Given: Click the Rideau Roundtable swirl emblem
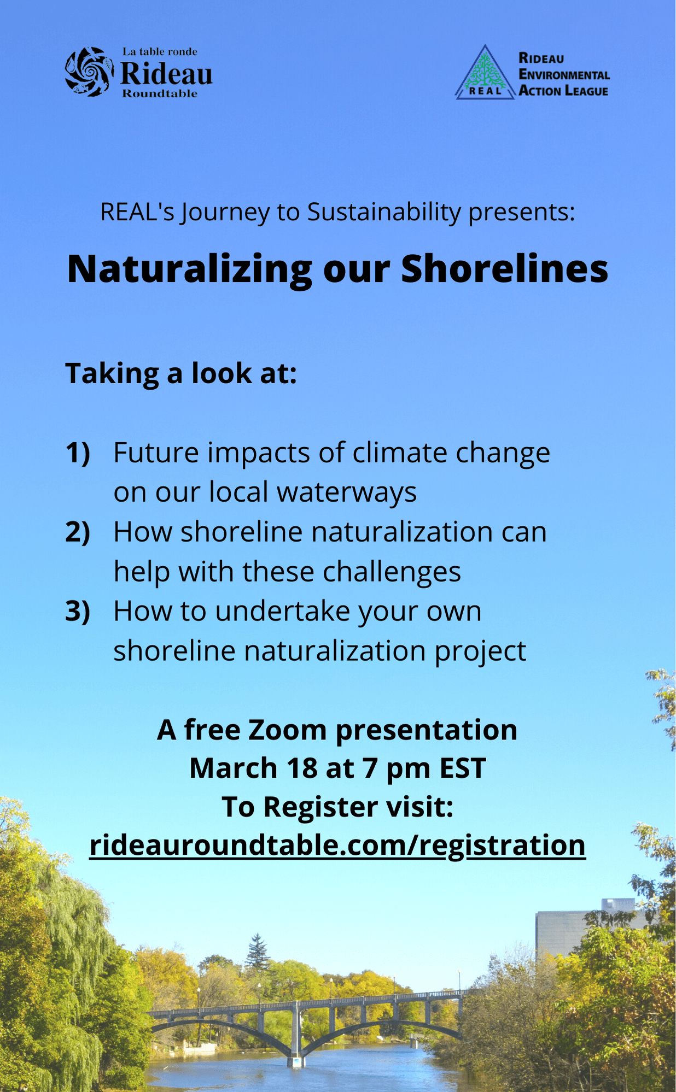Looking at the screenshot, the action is (90, 72).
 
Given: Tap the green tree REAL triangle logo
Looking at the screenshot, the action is (485, 72).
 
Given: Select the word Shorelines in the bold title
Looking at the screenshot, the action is (504, 268).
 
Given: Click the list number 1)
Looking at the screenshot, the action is (78, 453).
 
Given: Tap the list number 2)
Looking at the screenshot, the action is (78, 532).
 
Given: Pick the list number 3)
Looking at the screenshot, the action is (78, 612).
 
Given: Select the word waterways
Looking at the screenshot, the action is (347, 492).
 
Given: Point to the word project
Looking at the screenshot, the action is (480, 651).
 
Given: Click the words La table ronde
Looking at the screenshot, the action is (160, 52).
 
